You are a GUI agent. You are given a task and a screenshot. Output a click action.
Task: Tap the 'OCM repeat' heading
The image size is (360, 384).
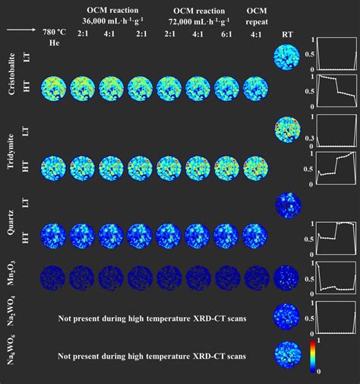coord(260,15)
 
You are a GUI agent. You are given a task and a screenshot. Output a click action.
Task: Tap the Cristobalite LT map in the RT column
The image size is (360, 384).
coord(286,57)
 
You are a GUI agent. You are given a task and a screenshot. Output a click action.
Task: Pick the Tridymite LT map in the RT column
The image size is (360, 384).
coord(286,130)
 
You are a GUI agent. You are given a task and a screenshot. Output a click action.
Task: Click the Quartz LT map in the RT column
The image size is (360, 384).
coord(286,205)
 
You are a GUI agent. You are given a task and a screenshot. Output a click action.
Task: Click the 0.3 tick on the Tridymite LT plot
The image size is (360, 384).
coord(312,137)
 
